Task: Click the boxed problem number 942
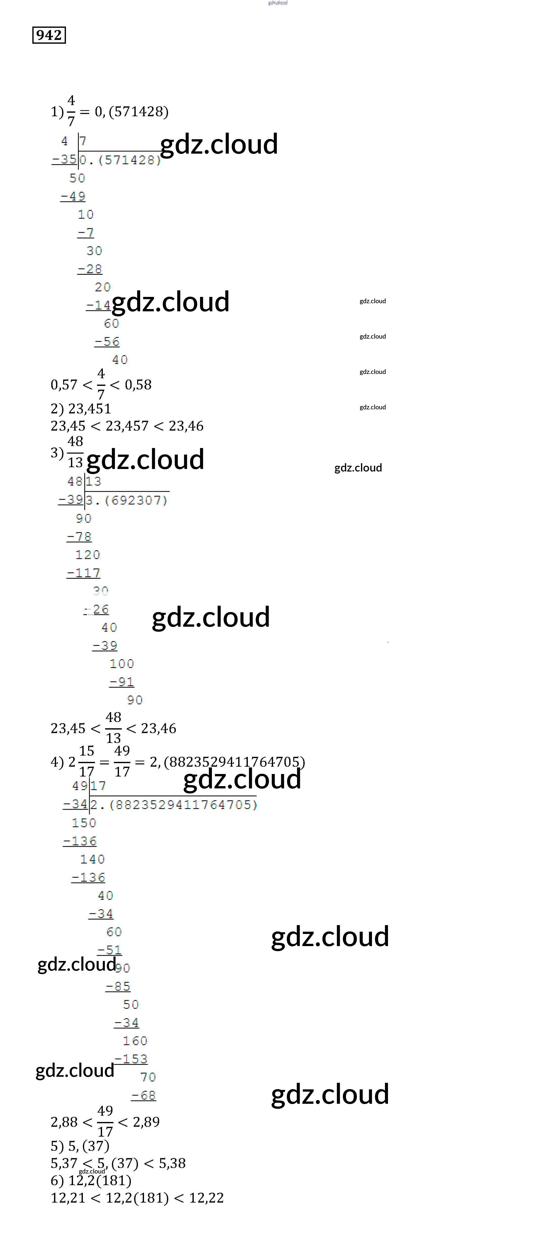coord(49,35)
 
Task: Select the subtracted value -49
coord(73,196)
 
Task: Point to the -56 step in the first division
coord(107,341)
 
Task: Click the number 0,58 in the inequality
coord(138,385)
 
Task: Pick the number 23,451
coord(90,408)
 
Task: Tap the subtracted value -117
coord(83,573)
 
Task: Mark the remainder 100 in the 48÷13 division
coord(122,663)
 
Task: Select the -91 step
coord(122,682)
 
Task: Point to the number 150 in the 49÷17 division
coord(84,823)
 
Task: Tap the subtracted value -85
coord(118,986)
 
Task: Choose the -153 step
coord(131,1059)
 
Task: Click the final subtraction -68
coord(143,1095)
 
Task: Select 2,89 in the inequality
coord(146,1122)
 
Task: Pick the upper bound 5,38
coord(172,1163)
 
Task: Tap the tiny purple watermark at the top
coord(278,3)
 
